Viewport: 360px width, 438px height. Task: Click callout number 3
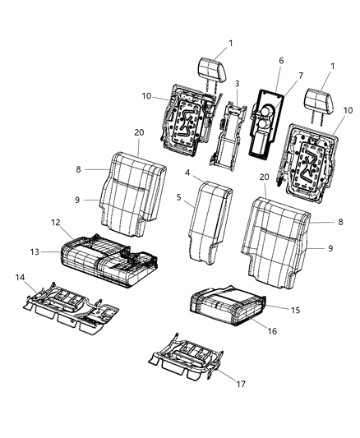(238, 84)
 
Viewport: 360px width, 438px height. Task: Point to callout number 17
(241, 383)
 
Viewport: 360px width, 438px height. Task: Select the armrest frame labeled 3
(228, 131)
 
